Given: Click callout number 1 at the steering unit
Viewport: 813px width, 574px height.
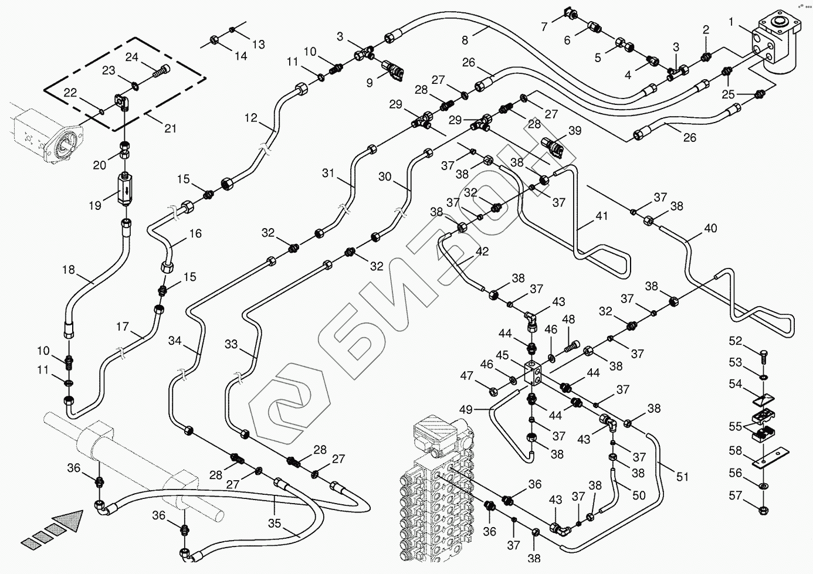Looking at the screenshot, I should tap(731, 22).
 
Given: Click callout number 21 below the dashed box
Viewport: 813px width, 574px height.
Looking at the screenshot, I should tap(170, 128).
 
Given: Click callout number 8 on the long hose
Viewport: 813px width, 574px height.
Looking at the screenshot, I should tap(465, 40).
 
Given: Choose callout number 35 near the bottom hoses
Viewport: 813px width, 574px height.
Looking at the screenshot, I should tap(274, 524).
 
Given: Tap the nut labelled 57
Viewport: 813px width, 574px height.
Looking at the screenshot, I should tap(763, 510).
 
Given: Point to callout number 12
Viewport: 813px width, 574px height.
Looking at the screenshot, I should tap(251, 117).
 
